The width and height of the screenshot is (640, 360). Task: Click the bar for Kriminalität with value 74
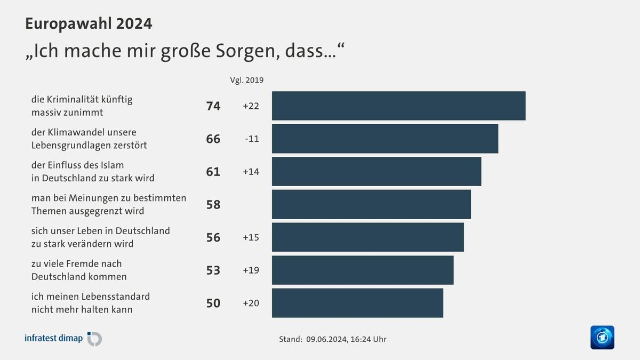pos(398,106)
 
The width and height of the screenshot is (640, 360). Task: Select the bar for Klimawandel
pos(385,139)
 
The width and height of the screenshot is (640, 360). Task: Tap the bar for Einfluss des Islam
pos(376,171)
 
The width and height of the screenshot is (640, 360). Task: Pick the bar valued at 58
pos(371,204)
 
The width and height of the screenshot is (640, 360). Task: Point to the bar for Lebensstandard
pos(357,303)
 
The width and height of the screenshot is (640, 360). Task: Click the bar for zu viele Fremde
pos(363,270)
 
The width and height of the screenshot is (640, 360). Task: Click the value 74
pos(213,106)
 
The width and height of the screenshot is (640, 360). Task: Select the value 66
pos(213,139)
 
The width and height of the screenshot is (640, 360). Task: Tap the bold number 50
pos(213,303)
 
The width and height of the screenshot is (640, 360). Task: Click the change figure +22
pos(251,106)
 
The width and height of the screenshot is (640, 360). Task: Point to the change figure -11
pos(252,139)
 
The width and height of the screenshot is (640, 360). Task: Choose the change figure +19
pos(251,270)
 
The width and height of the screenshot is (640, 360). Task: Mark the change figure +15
pos(251,237)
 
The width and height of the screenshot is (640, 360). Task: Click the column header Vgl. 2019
pos(246,80)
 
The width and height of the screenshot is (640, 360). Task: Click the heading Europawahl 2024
pos(89,23)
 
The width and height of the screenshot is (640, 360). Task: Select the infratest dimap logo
pos(63,339)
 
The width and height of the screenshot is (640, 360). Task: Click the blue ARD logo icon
pos(602,338)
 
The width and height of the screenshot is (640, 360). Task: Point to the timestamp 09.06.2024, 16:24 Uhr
pos(346,339)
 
